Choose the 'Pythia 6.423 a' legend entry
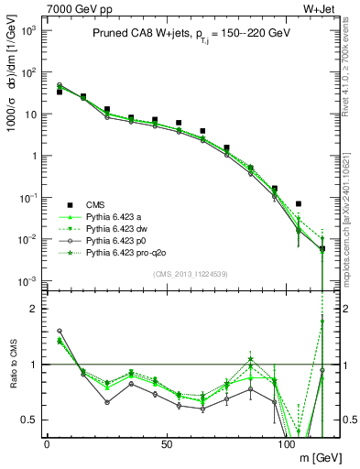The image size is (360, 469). [x=115, y=216]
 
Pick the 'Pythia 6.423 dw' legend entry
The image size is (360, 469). [x=116, y=228]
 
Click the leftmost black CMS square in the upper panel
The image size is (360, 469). [x=60, y=92]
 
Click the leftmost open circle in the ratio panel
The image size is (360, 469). [x=60, y=331]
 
